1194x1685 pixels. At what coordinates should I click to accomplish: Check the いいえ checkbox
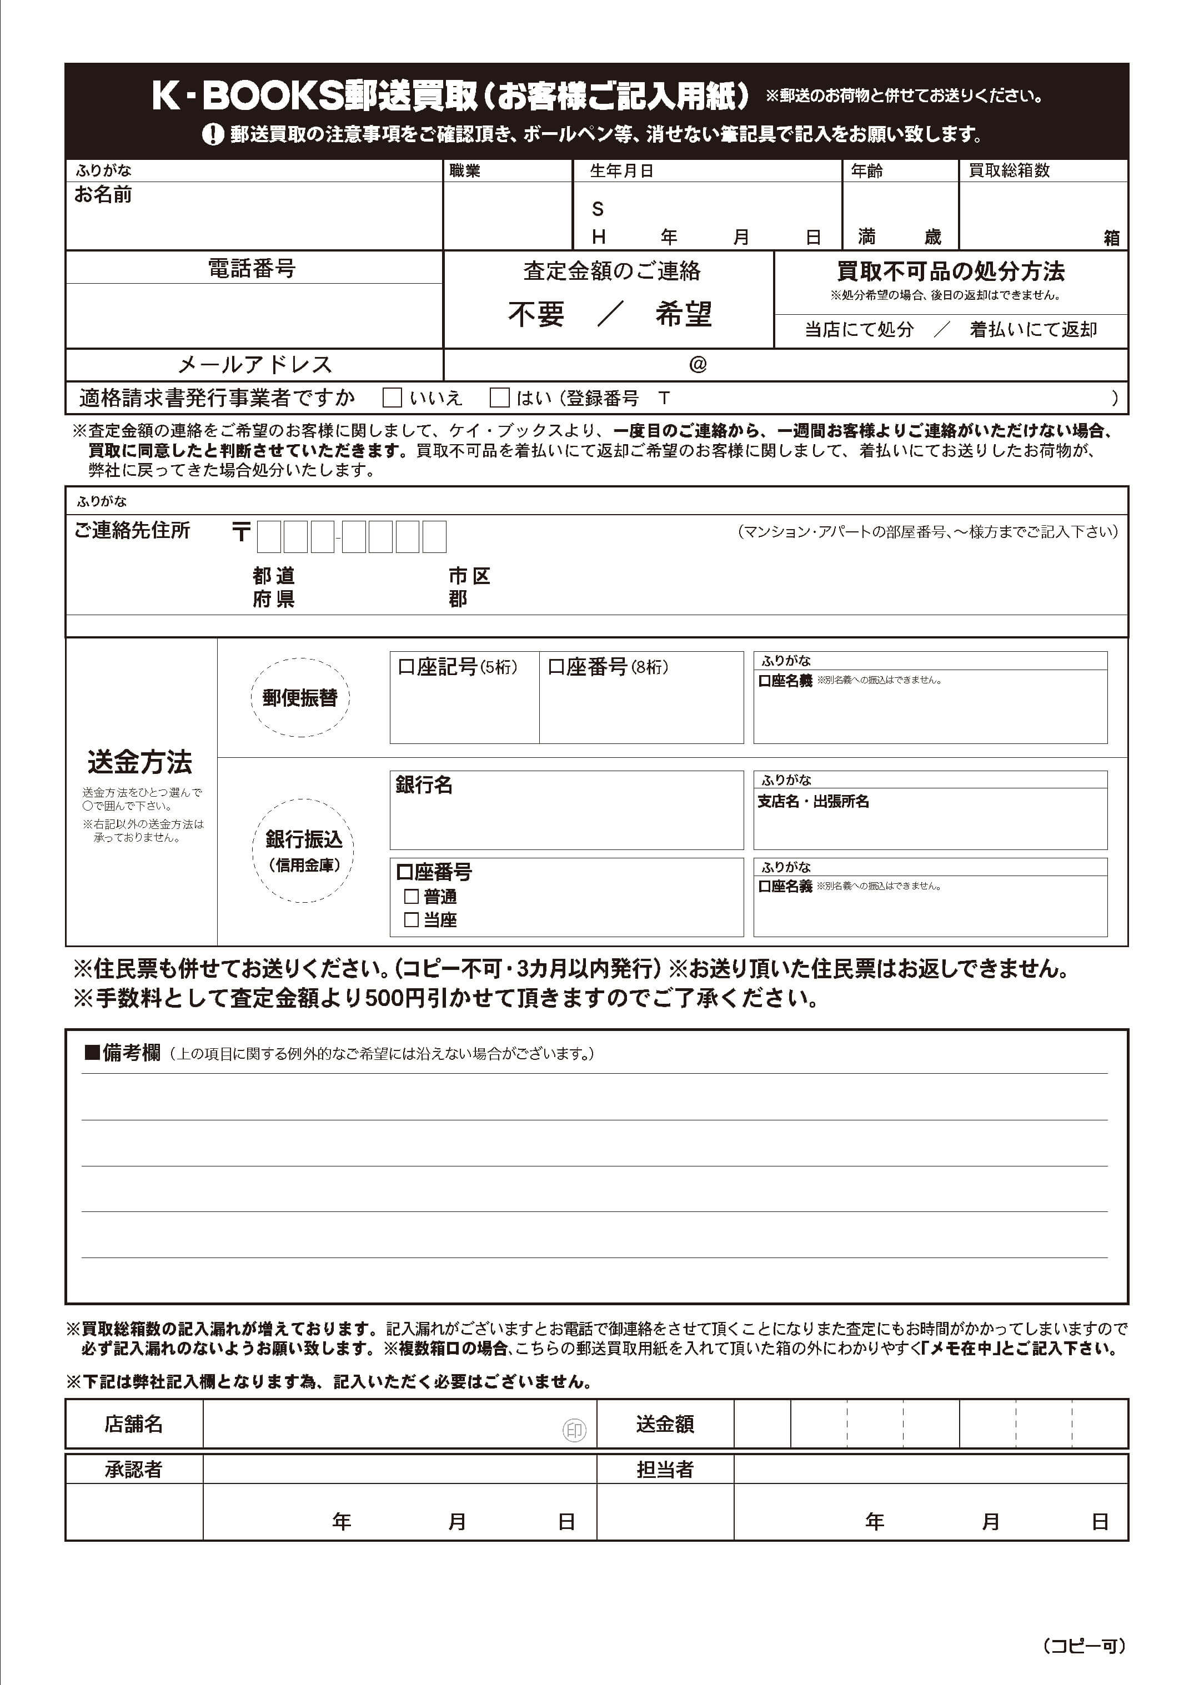393,398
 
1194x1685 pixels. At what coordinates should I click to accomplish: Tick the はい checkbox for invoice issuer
500,398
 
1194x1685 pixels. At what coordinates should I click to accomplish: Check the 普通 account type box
412,897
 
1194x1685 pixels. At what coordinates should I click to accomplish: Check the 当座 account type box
412,919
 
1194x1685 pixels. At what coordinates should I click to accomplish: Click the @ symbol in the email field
698,365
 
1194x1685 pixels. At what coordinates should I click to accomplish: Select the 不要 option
536,314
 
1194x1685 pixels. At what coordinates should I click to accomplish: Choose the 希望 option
683,314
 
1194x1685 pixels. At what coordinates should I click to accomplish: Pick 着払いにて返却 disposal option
1033,329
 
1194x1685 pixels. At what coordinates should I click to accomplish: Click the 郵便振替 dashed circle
300,697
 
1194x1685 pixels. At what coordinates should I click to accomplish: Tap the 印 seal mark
574,1430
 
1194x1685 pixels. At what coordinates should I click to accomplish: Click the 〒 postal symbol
241,532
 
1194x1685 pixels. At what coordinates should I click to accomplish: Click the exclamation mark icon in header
213,134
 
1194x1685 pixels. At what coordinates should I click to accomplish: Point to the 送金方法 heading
140,762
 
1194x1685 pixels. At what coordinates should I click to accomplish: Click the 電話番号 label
252,268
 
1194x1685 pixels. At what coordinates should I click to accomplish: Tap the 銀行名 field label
424,785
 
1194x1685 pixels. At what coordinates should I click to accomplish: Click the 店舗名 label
133,1424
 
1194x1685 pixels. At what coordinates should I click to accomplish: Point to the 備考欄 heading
123,1053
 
